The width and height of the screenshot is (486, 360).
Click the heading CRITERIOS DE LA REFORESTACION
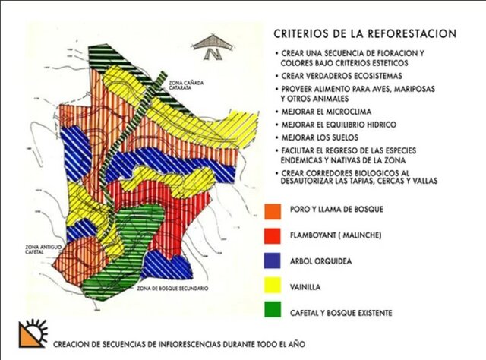(364, 34)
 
